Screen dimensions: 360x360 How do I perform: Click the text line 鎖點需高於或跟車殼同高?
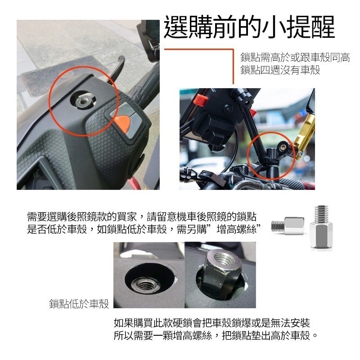295,58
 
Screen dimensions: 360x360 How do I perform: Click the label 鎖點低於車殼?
79,305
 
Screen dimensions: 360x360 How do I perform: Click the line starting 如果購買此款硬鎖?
211,323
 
